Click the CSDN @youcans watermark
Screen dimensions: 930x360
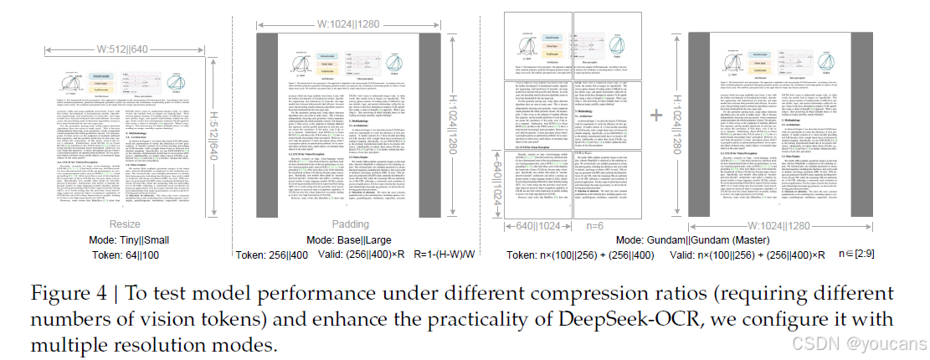872,343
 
